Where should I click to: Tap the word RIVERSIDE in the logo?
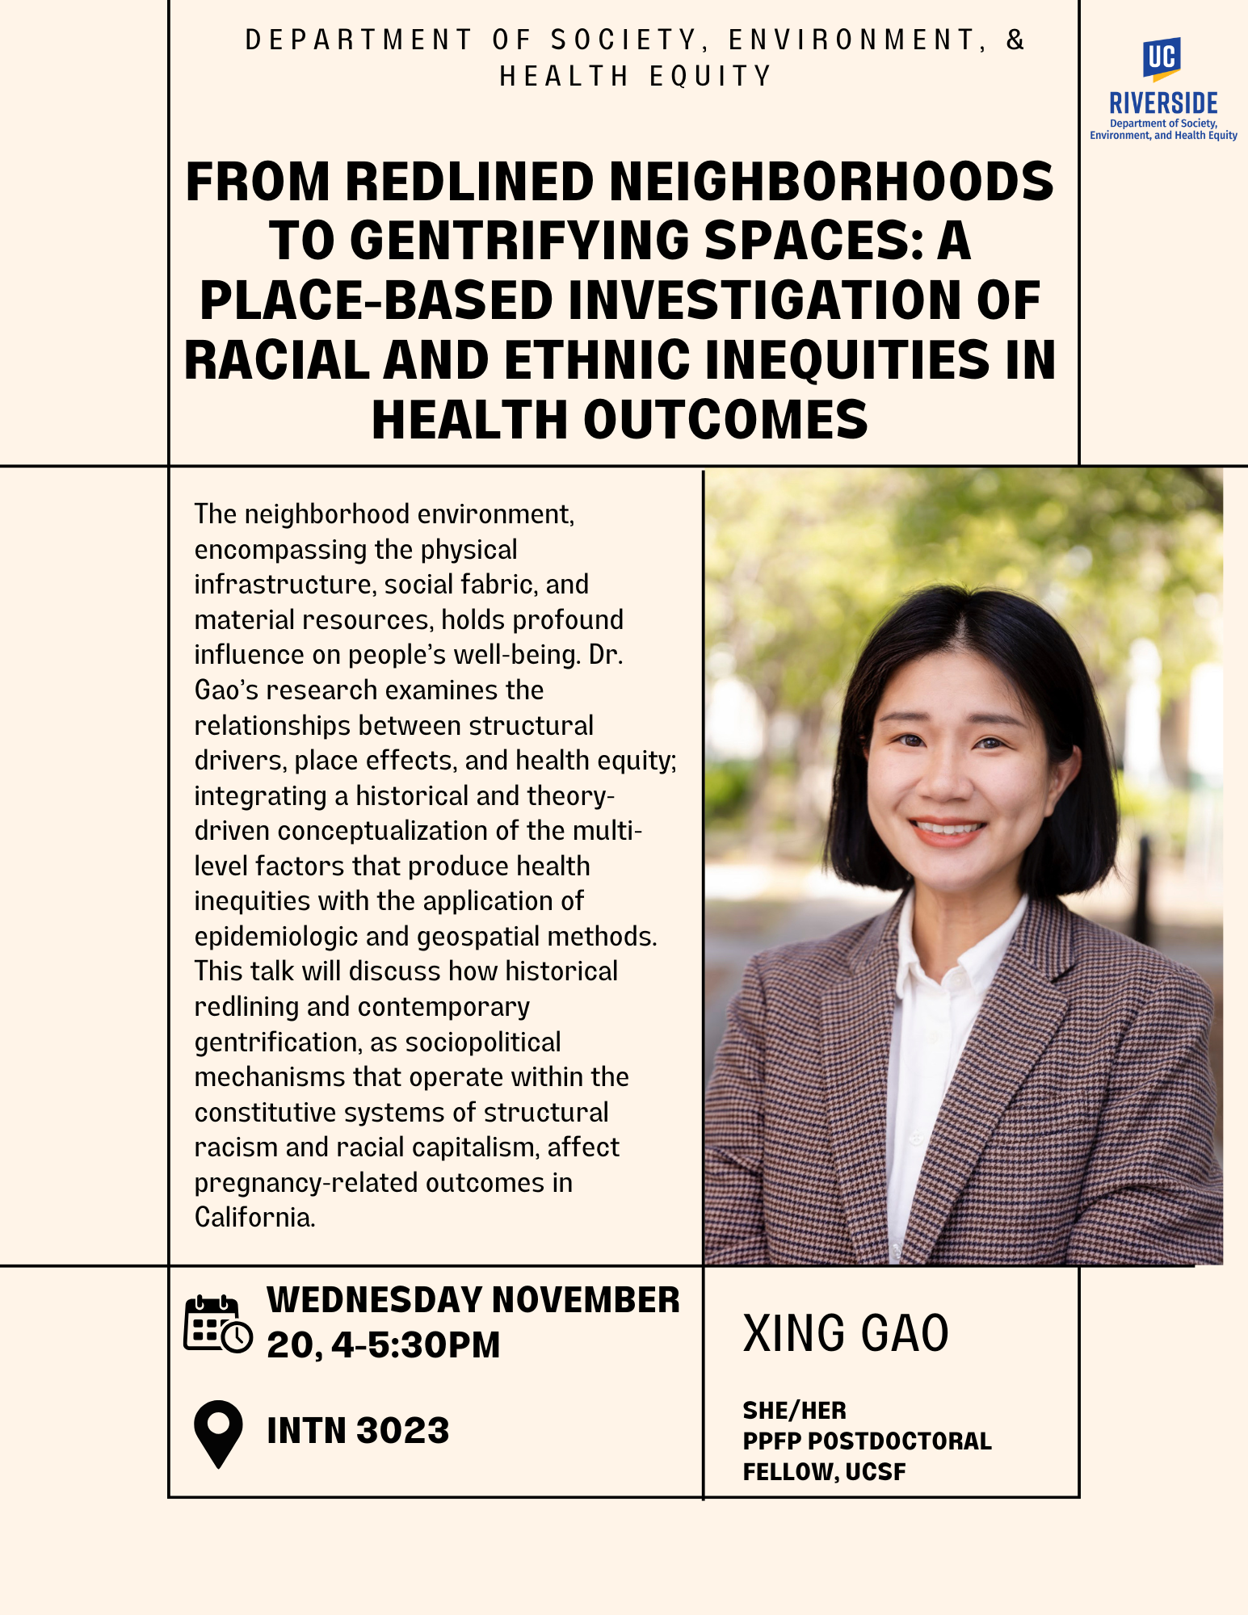pyautogui.click(x=1163, y=103)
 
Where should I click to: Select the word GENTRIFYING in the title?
pyautogui.click(x=520, y=241)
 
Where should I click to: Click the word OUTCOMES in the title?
pyautogui.click(x=725, y=420)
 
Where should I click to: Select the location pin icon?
pyautogui.click(x=218, y=1433)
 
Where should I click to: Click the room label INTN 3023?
pyautogui.click(x=358, y=1431)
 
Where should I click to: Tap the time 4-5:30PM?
pyautogui.click(x=416, y=1345)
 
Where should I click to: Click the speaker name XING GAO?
pyautogui.click(x=846, y=1333)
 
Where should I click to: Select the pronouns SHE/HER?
pyautogui.click(x=795, y=1411)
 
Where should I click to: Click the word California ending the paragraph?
pyautogui.click(x=254, y=1217)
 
